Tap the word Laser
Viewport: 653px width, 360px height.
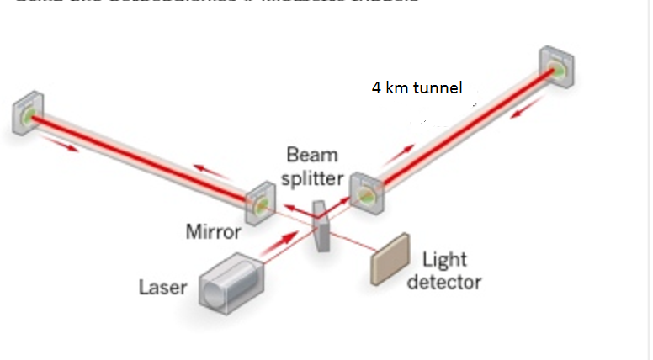(x=163, y=288)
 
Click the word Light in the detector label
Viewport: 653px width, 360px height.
(x=444, y=260)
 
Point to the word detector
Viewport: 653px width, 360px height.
(x=443, y=281)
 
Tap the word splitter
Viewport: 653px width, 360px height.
(x=312, y=177)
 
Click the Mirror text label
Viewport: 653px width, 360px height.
(x=214, y=231)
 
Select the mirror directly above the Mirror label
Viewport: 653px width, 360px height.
(x=258, y=204)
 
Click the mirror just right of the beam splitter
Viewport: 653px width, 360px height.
(x=367, y=191)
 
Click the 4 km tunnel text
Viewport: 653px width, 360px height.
(x=417, y=87)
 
